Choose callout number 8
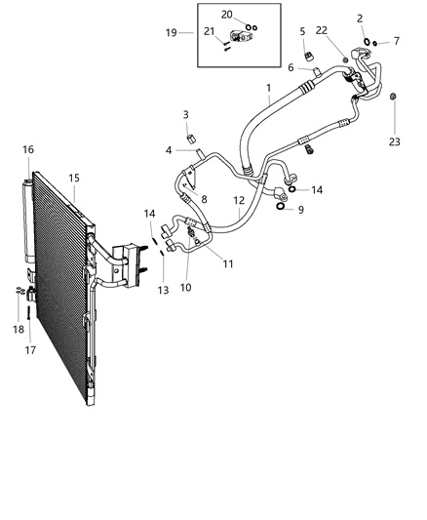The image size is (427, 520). pyautogui.click(x=203, y=198)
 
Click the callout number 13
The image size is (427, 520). pyautogui.click(x=162, y=290)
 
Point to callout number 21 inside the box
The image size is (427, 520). pyautogui.click(x=208, y=33)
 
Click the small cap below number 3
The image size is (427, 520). pyautogui.click(x=191, y=134)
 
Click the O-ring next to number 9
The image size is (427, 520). pyautogui.click(x=282, y=206)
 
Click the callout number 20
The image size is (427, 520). pyautogui.click(x=226, y=14)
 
